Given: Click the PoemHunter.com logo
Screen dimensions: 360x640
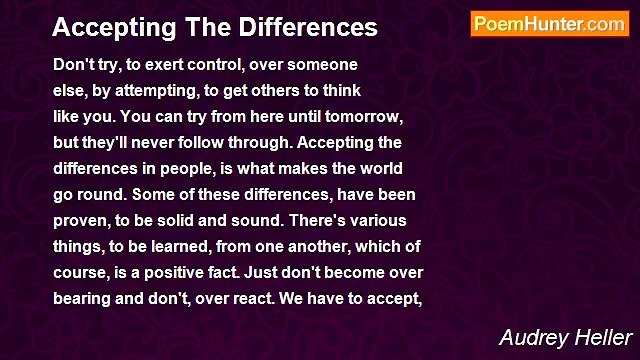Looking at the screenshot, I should point(549,24).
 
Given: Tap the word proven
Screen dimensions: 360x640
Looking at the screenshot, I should point(81,219).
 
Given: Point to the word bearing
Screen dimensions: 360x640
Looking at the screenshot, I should point(83,297).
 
